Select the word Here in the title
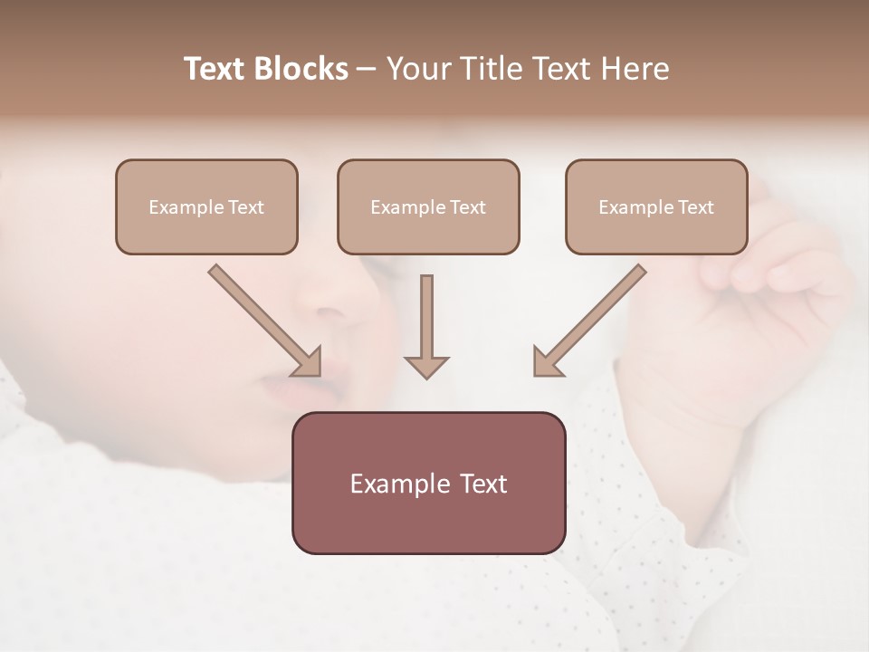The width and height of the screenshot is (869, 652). (x=634, y=69)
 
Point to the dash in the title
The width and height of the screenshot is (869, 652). (x=367, y=70)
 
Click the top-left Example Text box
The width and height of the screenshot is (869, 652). (x=206, y=206)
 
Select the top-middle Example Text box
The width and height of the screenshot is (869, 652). (x=428, y=206)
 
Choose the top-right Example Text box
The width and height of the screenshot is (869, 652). (x=656, y=206)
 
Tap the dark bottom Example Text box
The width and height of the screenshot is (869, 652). (x=428, y=483)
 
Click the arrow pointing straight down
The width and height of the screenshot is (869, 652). (x=426, y=326)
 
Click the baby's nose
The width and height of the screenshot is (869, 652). (x=339, y=303)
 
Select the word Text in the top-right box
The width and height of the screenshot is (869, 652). (x=695, y=207)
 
